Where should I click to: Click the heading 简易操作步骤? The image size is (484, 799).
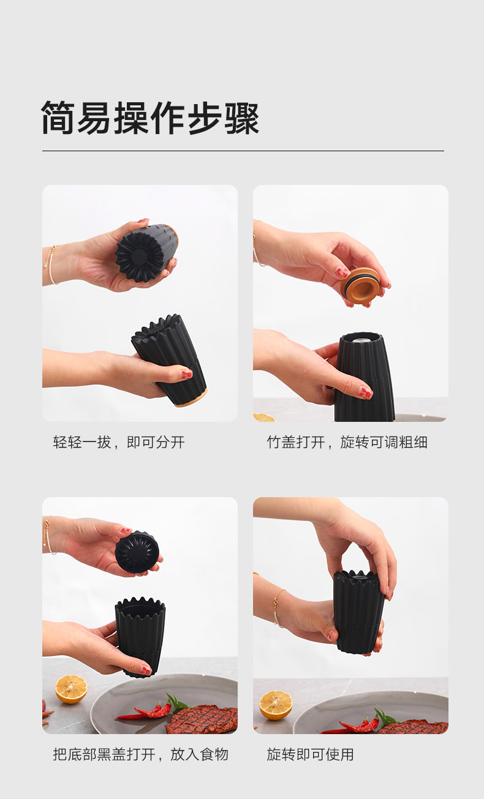150,118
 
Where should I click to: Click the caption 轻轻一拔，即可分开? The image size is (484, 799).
119,442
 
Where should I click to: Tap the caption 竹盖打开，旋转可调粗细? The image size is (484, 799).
347,442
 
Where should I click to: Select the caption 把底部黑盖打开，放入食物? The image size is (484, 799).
141,754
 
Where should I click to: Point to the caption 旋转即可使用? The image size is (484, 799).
310,754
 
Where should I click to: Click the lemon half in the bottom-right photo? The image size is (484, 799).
276,705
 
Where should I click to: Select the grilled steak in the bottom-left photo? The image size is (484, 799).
202,720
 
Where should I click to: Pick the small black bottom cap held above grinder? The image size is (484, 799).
137,552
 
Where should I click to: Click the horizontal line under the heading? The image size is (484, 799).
243,151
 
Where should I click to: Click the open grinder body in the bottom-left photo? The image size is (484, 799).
140,637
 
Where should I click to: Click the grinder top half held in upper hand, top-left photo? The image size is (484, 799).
146,252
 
